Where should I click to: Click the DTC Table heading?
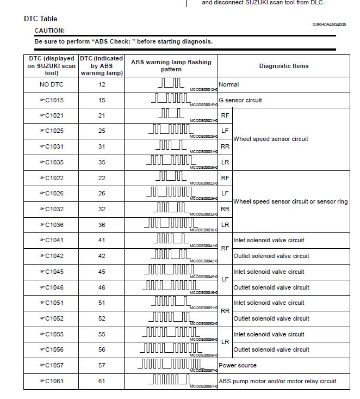click(x=41, y=19)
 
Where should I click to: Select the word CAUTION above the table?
click(x=49, y=30)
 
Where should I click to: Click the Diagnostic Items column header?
click(x=283, y=66)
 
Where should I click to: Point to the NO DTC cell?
click(x=51, y=84)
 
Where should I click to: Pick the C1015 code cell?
click(x=51, y=100)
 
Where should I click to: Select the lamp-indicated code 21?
click(x=102, y=115)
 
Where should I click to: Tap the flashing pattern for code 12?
click(x=170, y=83)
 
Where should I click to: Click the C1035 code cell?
click(x=51, y=162)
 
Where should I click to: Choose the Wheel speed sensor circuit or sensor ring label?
click(x=290, y=201)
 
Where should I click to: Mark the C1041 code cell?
click(x=51, y=240)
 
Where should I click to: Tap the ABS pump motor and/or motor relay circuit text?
click(x=277, y=381)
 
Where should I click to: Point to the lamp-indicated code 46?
click(x=102, y=287)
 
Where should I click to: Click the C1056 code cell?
click(x=51, y=349)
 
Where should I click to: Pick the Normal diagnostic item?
click(x=228, y=84)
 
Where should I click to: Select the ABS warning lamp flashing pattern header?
click(x=171, y=66)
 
